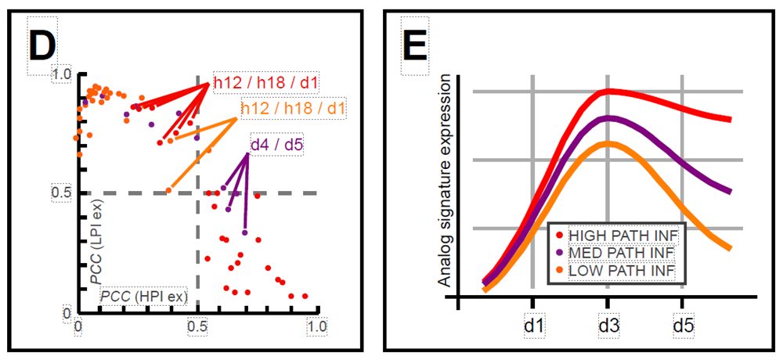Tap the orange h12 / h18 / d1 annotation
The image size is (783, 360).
pos(294,107)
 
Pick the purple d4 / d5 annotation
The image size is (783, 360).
pos(277,145)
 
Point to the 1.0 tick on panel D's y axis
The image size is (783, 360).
pos(62,74)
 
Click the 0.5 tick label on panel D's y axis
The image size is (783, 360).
pos(62,193)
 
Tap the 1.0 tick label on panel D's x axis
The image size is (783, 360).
pos(316,322)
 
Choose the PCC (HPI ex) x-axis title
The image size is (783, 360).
pos(141,297)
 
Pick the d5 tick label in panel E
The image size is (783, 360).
pos(681,322)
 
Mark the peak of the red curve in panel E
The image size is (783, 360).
pos(609,91)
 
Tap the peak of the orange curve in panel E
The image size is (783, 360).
pos(608,142)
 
